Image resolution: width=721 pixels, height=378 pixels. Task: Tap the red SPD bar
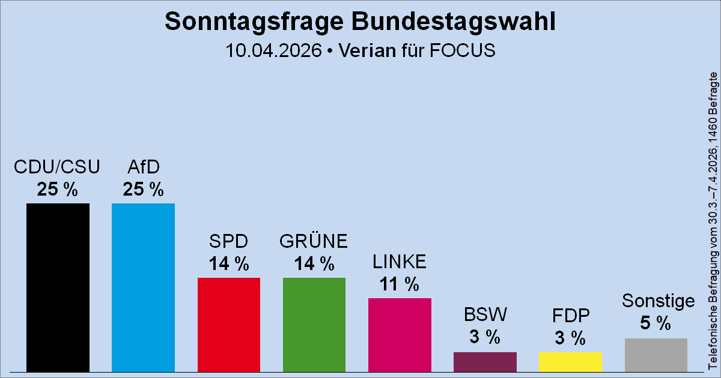229,324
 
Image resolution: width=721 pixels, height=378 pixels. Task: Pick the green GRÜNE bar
314,324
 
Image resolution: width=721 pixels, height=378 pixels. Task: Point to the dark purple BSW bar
485,361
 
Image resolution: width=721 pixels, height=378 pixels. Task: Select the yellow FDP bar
570,361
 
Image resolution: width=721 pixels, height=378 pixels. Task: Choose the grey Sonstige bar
656,355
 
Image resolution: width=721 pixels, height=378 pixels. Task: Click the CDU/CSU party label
57,166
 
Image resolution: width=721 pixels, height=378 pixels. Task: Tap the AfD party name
143,166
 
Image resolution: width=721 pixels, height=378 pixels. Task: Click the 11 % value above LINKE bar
400,284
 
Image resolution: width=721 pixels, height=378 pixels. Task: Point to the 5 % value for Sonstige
656,323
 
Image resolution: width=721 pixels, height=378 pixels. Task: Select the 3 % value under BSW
485,337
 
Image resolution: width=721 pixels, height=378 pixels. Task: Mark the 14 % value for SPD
229,263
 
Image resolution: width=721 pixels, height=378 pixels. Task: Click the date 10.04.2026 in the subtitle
273,50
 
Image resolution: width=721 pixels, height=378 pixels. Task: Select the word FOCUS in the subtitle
463,50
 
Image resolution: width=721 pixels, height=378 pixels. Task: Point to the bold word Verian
367,50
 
